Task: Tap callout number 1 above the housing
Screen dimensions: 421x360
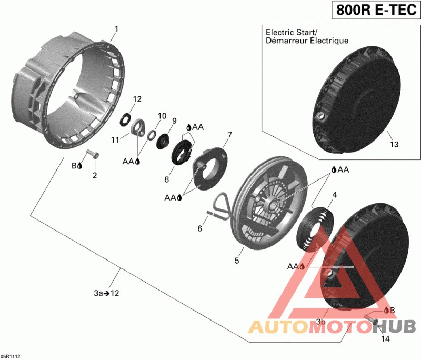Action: [116, 29]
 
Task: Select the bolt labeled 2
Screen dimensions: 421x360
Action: [93, 154]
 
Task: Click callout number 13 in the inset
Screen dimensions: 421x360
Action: [394, 144]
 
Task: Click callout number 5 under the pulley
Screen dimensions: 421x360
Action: [237, 261]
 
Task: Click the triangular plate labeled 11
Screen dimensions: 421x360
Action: [138, 128]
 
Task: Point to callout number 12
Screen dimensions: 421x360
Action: [137, 99]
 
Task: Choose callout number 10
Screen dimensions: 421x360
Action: [162, 115]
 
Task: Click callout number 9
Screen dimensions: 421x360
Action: [174, 121]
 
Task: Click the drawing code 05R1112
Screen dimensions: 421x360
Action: [11, 356]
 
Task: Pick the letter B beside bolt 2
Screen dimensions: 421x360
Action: [74, 165]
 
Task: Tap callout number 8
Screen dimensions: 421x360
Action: [166, 179]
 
